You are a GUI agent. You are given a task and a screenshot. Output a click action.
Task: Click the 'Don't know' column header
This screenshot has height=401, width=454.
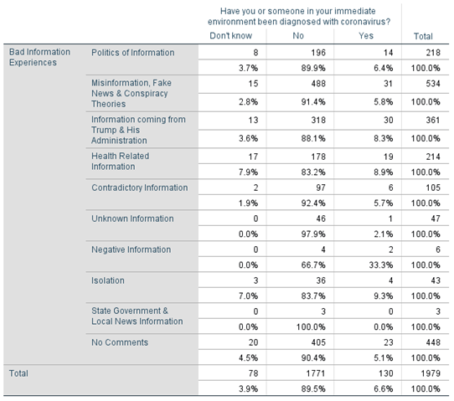230,36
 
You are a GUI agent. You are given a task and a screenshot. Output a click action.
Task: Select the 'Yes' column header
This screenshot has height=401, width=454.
366,36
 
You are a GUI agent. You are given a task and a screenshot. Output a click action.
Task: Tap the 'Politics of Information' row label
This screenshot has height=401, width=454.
133,53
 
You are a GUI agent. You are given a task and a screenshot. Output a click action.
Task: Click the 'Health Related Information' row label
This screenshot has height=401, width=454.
120,161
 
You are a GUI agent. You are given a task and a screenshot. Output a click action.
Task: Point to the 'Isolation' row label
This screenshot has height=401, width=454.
108,280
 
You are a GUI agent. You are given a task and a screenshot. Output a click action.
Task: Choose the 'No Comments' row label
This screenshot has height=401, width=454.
120,342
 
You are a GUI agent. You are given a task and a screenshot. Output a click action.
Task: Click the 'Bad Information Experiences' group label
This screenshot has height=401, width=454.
39,57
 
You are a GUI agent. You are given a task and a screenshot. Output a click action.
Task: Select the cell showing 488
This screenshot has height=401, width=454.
318,84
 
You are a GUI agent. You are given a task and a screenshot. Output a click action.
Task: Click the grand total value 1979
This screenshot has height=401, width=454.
431,373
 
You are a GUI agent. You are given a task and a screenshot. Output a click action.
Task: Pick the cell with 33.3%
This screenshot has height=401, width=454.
381,265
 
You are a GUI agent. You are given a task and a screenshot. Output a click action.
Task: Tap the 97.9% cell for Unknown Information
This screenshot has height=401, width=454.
313,234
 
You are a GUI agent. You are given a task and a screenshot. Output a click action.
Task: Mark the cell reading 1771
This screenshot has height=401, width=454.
316,373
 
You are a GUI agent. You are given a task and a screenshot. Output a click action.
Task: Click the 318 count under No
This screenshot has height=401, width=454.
318,120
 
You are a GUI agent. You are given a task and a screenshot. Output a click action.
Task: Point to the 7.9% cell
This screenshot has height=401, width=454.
248,172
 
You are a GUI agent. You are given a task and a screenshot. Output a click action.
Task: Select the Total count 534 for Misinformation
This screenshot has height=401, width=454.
433,84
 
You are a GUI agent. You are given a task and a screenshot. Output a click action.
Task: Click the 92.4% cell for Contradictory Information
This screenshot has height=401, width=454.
313,203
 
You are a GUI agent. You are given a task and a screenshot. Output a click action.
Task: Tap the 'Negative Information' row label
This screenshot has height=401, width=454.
132,249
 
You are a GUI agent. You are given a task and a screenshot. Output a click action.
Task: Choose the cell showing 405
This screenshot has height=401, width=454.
318,342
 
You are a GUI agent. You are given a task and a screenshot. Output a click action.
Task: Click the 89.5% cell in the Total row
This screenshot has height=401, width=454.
313,388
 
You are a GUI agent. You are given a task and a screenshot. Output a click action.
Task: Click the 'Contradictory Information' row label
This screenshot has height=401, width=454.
140,188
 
